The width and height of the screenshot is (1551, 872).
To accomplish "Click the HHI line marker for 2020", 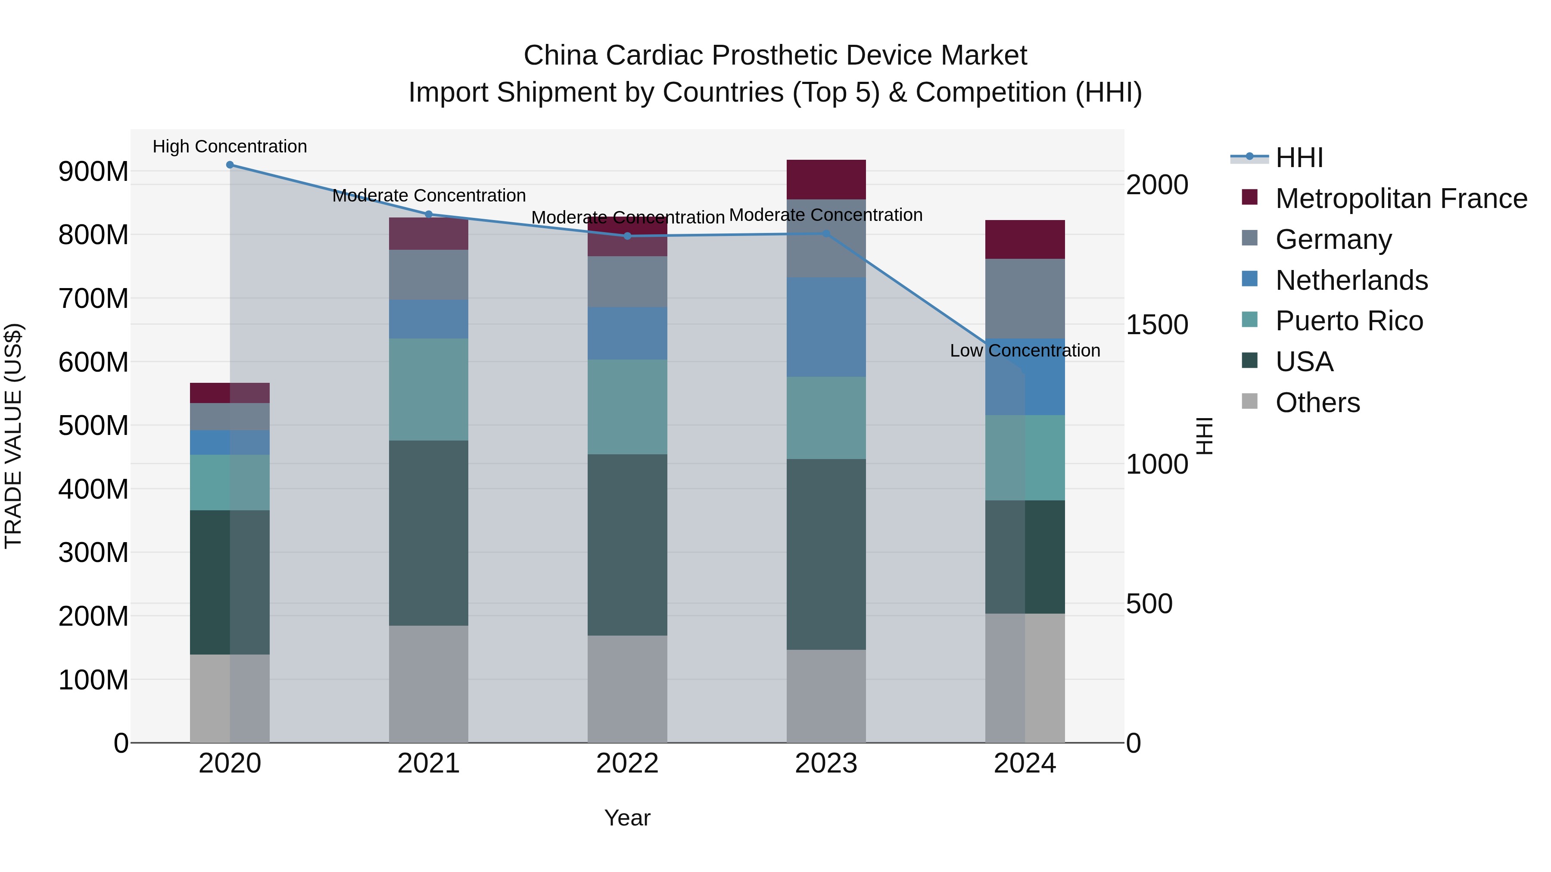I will pos(230,165).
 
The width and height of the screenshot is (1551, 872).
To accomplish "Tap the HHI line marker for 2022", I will pos(627,236).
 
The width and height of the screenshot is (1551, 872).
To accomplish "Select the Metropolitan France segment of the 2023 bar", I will pos(826,179).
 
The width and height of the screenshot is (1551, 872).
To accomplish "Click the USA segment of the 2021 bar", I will pos(429,533).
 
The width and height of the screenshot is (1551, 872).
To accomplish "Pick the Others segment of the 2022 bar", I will pos(627,689).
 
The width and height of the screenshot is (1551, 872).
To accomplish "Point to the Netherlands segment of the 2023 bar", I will pos(826,327).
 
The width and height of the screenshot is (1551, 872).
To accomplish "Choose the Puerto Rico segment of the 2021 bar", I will pos(429,389).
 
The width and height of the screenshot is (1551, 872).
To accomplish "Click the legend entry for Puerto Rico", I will pos(1349,321).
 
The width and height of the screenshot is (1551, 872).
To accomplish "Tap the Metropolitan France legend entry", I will pos(1401,198).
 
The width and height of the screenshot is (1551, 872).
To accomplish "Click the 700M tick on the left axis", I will pos(93,298).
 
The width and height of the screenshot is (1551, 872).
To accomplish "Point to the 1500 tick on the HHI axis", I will pos(1157,325).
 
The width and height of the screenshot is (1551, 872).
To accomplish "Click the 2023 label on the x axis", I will pos(826,763).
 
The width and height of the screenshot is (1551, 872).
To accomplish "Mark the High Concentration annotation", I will pos(230,147).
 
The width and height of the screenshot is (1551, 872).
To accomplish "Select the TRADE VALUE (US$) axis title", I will pos(13,436).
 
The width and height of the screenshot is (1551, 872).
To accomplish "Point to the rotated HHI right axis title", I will pos(1204,436).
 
